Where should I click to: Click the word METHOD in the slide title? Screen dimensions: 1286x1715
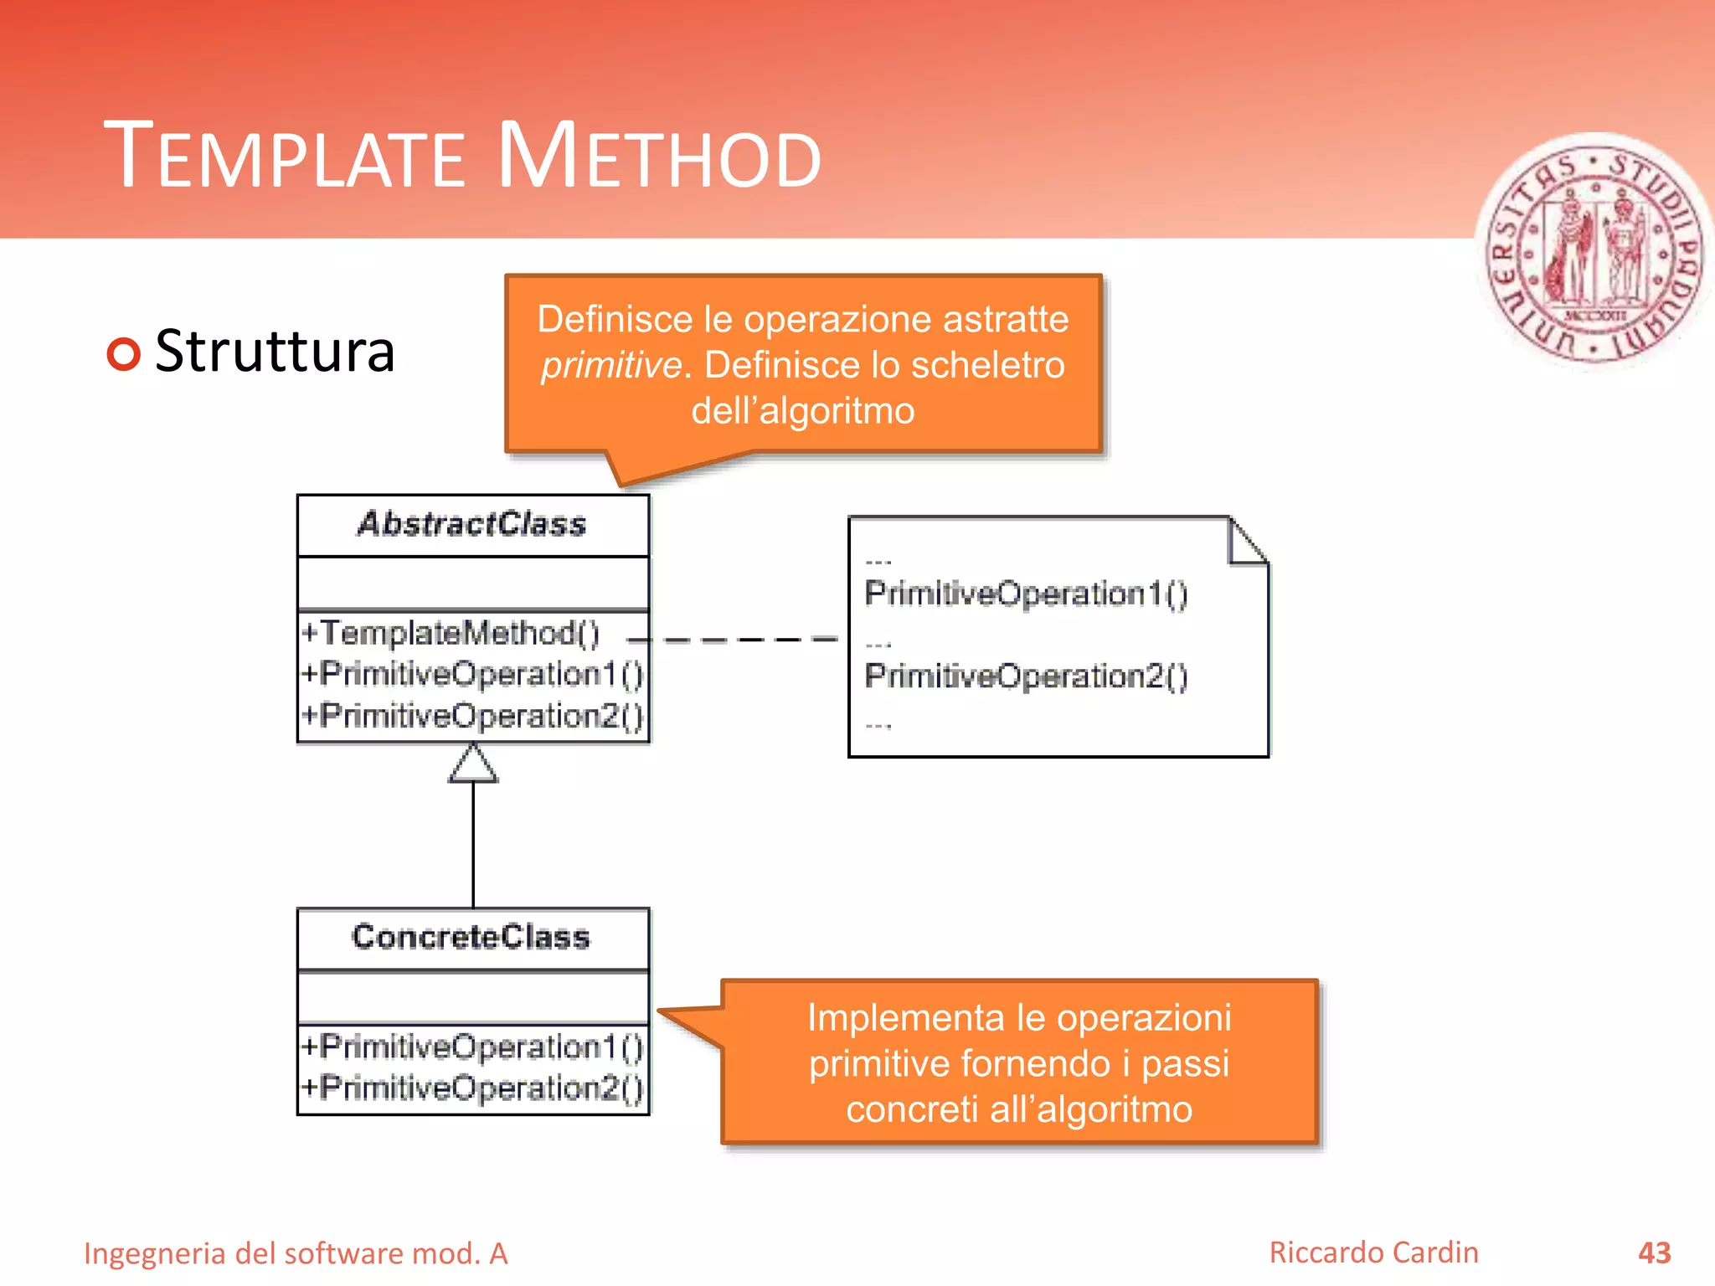[660, 157]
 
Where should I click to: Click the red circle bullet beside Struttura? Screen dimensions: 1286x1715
[124, 353]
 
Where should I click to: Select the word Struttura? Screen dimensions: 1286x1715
[275, 352]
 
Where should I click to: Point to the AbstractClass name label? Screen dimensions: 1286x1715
[472, 524]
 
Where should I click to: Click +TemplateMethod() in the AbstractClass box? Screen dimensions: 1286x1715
[451, 633]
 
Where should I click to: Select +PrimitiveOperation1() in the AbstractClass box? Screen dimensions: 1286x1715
[472, 674]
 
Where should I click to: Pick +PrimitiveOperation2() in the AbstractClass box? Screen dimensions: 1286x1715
[472, 716]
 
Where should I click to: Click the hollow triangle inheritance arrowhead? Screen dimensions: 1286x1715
[473, 764]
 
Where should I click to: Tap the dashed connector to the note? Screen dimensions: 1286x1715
[737, 640]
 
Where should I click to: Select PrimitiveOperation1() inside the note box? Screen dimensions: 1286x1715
[1026, 594]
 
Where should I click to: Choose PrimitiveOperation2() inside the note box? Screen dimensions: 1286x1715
[1026, 676]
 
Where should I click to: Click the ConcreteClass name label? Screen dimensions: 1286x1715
[471, 937]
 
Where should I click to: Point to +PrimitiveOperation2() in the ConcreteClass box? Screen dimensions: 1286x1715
[472, 1088]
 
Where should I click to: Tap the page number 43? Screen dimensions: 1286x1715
[1654, 1253]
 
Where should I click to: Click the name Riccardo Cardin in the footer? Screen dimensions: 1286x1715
[1373, 1253]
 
